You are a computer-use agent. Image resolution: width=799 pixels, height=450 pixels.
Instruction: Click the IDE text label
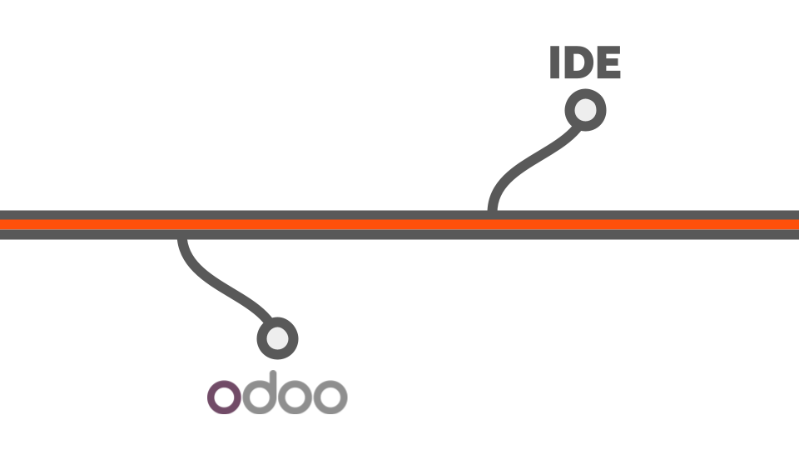coord(585,62)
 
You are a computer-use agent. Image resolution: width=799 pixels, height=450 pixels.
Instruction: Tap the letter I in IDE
coord(555,62)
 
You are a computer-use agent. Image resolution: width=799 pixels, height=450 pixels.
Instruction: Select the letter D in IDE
coord(579,62)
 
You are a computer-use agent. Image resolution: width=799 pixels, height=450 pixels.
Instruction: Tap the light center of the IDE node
coord(585,110)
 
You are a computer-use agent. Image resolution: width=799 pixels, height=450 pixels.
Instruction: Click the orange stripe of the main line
coord(399,224)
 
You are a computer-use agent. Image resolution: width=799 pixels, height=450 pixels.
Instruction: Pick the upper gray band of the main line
coord(399,215)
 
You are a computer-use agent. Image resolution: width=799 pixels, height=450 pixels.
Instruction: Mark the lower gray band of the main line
coord(399,235)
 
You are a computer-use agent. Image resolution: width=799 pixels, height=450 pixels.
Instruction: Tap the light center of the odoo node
coord(277,339)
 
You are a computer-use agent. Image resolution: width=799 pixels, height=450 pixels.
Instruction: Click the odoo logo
coord(277,392)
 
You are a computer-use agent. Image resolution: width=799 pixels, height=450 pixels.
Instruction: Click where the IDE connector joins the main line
coord(492,211)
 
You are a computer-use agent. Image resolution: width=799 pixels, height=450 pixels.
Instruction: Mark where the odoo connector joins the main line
coord(182,239)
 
